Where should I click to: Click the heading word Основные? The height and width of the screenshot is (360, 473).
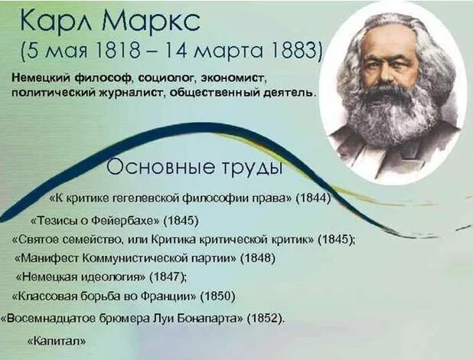(x=153, y=167)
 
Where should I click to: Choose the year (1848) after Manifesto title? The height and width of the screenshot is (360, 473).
(x=258, y=258)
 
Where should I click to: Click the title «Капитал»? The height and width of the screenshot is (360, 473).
(x=56, y=340)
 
